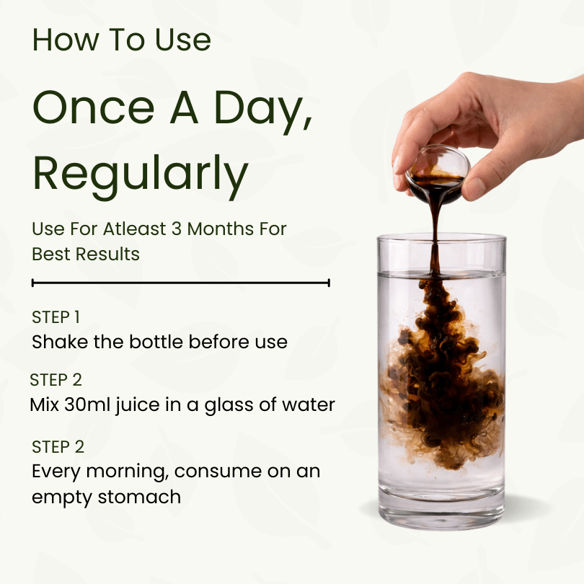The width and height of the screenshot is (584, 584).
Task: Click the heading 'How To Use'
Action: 121,40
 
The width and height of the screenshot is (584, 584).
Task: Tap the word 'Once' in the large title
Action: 94,107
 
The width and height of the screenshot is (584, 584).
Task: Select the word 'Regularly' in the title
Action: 141,175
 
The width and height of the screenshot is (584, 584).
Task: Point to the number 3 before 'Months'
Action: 177,229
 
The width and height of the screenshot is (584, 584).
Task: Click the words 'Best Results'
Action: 86,254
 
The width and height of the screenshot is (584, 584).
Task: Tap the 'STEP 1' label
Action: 56,317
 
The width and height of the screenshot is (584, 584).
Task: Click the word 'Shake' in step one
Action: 60,342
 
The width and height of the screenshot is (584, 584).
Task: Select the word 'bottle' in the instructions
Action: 156,342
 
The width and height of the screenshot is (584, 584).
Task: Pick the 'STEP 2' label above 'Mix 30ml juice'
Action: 56,380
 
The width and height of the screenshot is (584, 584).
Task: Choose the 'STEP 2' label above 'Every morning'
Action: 58,446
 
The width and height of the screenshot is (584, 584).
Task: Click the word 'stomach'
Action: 139,497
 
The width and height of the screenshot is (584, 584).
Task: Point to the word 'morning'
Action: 125,472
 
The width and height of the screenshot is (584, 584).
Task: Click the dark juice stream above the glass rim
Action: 435,220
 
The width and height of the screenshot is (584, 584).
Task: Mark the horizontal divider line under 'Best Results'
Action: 181,283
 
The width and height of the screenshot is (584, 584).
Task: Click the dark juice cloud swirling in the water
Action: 442,376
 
